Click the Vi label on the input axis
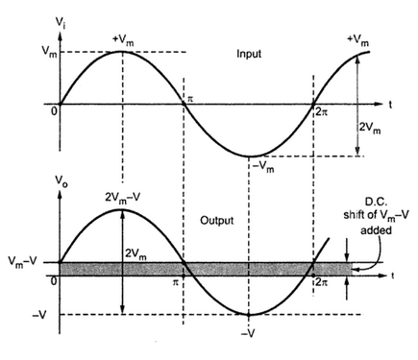(x=61, y=23)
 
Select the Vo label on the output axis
(x=61, y=181)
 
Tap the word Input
(x=249, y=54)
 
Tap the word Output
(x=217, y=221)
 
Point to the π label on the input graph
(x=190, y=99)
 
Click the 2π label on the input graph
(x=322, y=112)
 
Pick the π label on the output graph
(x=175, y=282)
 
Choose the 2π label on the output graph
(x=322, y=282)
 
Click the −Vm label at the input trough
(x=263, y=167)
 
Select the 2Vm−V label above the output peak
(x=123, y=199)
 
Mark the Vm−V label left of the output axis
(x=23, y=262)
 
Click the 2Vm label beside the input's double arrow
(x=370, y=128)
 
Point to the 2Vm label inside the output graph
(x=135, y=254)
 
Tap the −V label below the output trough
(x=248, y=334)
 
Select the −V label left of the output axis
(x=39, y=315)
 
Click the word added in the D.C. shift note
(x=376, y=230)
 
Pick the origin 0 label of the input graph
(x=54, y=111)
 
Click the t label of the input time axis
(x=390, y=105)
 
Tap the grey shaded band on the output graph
(x=206, y=269)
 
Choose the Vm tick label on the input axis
(x=50, y=53)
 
